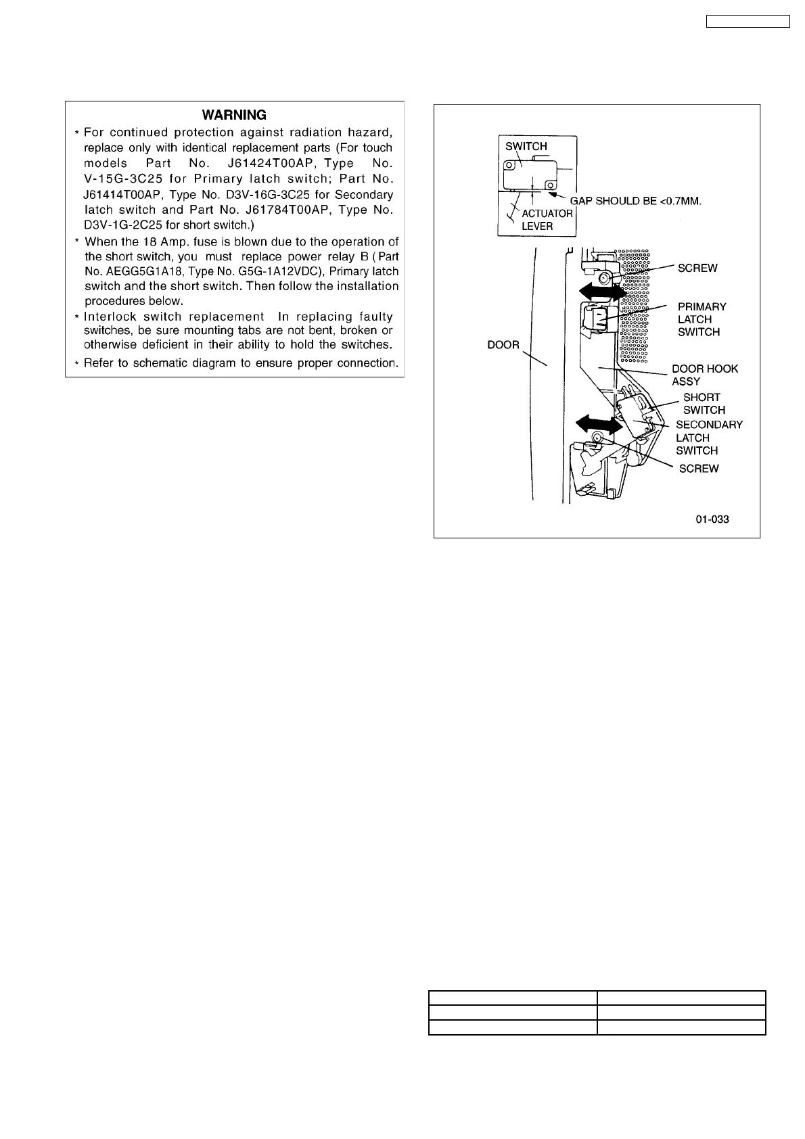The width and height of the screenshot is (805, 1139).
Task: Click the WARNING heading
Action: pos(234,115)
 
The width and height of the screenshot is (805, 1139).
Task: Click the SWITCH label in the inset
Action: pos(526,146)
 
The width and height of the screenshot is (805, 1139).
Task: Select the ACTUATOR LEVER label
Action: pos(547,220)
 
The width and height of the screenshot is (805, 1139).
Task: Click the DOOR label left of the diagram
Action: pos(503,345)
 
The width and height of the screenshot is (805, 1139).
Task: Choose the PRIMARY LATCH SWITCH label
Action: pos(701,319)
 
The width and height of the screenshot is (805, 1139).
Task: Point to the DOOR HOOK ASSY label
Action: pos(704,375)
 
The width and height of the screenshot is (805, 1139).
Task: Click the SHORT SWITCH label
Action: pos(703,404)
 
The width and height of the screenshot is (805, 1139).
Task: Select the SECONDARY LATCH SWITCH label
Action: pos(708,438)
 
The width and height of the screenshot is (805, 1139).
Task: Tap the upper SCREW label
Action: pos(697,268)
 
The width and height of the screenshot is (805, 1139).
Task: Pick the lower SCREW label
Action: pos(699,469)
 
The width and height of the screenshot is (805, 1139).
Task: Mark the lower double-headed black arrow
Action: pos(599,425)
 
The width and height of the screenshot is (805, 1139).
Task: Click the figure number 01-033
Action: pos(712,519)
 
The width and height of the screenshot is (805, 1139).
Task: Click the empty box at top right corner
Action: pos(748,21)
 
